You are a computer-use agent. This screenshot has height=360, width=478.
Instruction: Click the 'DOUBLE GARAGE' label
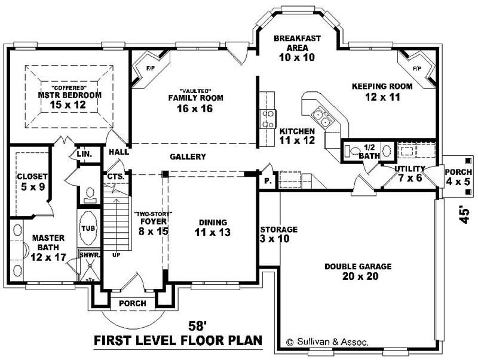358,266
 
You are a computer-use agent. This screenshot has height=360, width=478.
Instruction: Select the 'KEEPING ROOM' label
382,86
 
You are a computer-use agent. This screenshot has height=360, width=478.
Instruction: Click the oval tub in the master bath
87,227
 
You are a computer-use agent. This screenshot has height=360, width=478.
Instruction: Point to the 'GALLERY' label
188,157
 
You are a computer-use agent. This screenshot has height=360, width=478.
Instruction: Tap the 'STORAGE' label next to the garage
278,229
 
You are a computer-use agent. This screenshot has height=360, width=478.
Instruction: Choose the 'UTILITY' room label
410,169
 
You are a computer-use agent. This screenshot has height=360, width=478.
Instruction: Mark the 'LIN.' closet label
84,154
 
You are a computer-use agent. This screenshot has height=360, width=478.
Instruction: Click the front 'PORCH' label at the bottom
132,303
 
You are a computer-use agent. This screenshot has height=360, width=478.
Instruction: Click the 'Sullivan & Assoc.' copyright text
328,342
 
